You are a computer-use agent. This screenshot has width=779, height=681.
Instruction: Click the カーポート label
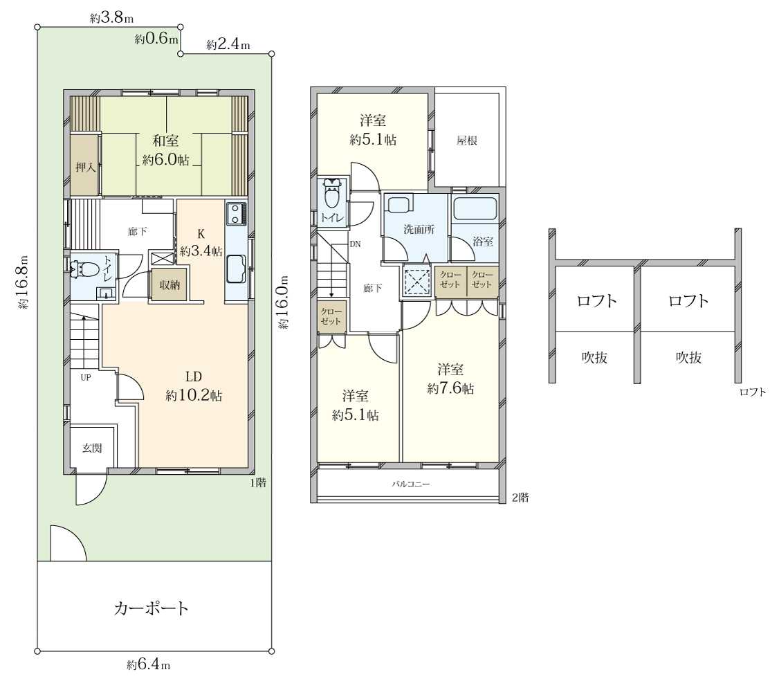coord(151,608)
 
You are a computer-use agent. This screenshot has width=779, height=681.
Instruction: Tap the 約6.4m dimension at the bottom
coord(149,664)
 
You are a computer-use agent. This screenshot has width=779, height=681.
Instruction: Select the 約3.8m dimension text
coord(112,19)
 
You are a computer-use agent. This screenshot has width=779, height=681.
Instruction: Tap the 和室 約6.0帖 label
coord(165,150)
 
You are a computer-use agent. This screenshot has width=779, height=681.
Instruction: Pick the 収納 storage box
coord(169,285)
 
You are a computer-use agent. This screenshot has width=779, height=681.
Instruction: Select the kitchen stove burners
coord(235,214)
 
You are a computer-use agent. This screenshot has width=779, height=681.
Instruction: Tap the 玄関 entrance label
coord(93,448)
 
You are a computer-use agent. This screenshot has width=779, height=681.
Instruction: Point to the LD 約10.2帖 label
coord(194,385)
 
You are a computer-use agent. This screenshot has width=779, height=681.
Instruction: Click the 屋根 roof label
coord(466,140)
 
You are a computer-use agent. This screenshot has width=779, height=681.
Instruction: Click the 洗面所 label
coord(419,229)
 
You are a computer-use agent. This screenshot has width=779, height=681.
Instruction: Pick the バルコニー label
coord(411,484)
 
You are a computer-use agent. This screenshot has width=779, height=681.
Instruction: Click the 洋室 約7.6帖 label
coord(450,379)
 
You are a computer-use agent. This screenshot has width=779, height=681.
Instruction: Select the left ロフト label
coord(596,301)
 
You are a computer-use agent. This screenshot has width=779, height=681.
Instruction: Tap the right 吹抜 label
coord(688,357)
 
